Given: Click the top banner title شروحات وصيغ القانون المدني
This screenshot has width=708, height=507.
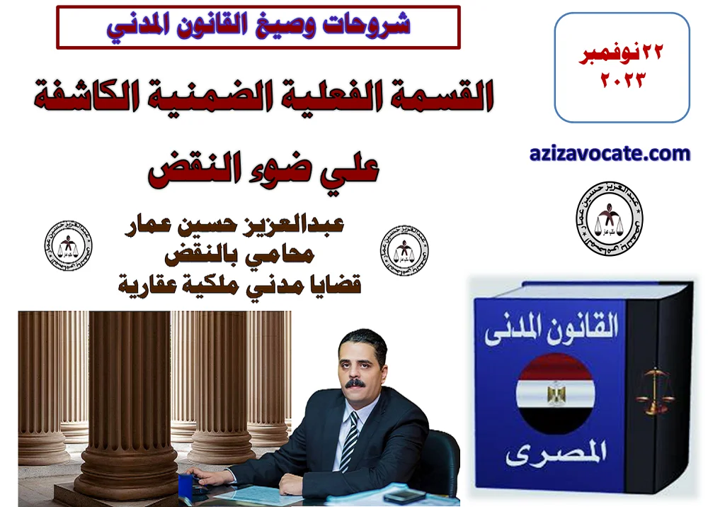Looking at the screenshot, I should pos(258,27).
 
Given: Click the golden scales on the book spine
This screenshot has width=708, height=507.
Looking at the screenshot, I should pos(655,391).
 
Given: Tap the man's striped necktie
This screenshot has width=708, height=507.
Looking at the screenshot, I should pos(349,440).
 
